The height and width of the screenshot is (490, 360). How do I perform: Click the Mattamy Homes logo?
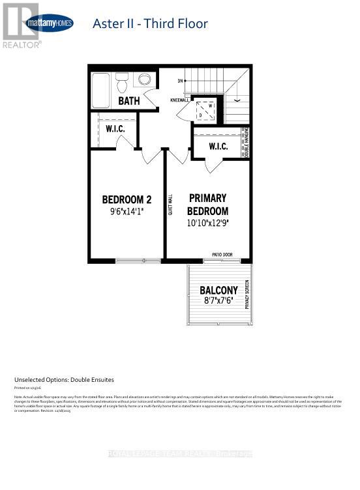coord(49,23)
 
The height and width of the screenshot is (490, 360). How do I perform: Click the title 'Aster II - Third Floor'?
coord(150,24)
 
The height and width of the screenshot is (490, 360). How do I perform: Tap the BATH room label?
coord(129,101)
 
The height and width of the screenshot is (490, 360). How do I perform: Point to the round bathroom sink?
coord(145,80)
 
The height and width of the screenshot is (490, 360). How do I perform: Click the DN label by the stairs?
coord(179,81)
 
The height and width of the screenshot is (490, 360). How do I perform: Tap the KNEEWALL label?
coord(180,100)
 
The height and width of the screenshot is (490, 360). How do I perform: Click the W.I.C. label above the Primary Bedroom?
coord(218,147)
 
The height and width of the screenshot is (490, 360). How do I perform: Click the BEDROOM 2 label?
coord(127,199)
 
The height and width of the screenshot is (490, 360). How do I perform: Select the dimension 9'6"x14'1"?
coord(127,211)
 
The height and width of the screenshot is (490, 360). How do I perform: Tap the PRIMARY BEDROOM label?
coord(207,204)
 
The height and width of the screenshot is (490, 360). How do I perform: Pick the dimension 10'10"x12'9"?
coord(209,223)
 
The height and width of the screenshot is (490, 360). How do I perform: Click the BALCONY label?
coord(218,289)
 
